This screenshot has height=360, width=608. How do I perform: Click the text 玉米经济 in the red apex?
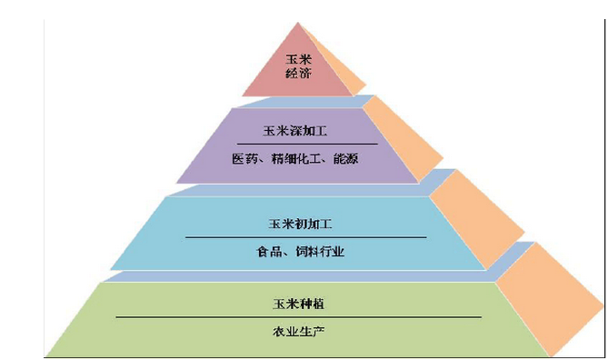coord(299,66)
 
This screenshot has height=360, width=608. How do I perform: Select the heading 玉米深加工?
coord(295,131)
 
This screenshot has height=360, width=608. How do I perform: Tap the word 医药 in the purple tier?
coord(244,159)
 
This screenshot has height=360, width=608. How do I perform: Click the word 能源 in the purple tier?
coord(345,159)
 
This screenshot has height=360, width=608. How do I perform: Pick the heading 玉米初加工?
coord(300,224)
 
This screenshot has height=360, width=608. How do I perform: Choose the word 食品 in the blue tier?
coord(269,252)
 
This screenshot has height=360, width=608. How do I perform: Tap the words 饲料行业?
coord(320,252)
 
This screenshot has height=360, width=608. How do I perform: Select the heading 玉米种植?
coord(298,304)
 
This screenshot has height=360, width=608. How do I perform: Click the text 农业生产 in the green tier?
coord(298,332)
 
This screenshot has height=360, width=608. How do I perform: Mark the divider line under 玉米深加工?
coord(307,144)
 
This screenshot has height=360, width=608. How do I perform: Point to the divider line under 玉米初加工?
coord(306,237)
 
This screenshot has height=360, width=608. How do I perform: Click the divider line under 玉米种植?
coord(299,317)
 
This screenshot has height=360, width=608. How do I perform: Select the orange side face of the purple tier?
coord(404,137)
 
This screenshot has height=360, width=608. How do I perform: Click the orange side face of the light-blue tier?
coord(477,217)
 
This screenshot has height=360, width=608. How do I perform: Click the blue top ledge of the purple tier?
coord(306,102)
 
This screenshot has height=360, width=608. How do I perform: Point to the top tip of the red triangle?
coord(298,23)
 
